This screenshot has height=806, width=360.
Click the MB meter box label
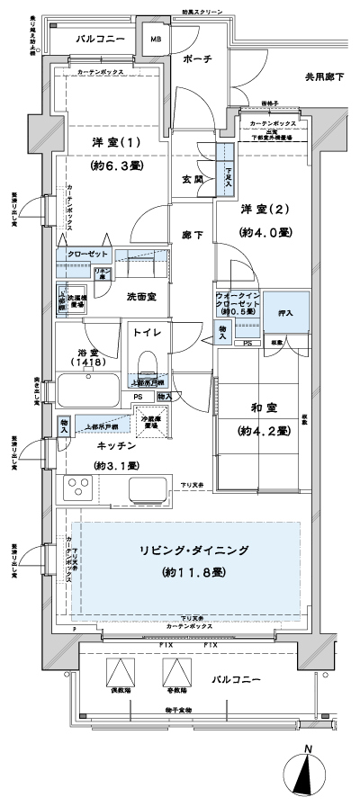coord(156,40)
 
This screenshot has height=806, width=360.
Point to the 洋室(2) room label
coord(264,209)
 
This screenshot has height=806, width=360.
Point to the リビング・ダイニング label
coord(188,550)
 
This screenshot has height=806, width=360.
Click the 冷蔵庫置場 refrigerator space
coord(150,422)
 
